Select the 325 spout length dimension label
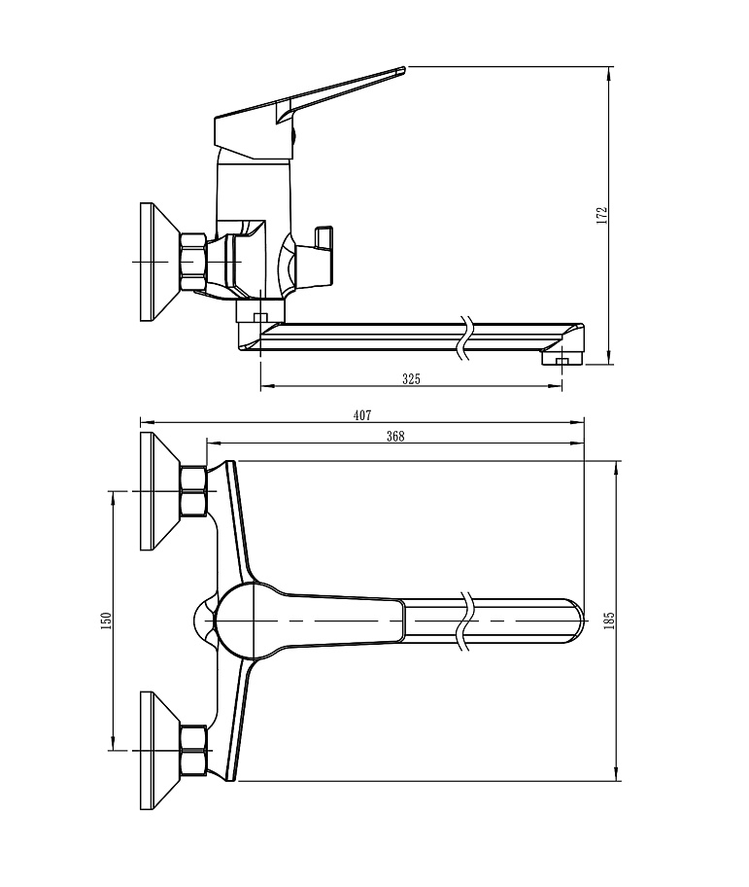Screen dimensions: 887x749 [412, 379]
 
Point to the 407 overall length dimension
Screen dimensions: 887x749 [361, 415]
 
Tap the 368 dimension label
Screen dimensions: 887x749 [394, 437]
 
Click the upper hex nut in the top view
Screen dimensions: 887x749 [193, 491]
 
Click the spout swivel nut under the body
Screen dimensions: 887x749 [259, 312]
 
